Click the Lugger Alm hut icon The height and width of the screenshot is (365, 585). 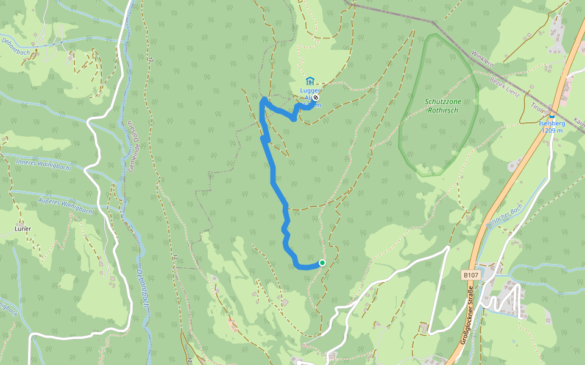point(310,81)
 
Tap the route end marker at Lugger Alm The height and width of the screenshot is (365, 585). point(316,97)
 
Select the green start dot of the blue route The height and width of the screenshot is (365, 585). point(322,263)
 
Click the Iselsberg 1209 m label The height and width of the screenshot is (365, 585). point(552,127)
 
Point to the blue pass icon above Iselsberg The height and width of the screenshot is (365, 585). point(552,116)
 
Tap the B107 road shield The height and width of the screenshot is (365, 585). point(470,276)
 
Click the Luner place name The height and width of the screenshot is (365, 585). point(22,229)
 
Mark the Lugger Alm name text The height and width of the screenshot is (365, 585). point(310,91)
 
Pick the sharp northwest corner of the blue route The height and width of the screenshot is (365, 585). point(263,99)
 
